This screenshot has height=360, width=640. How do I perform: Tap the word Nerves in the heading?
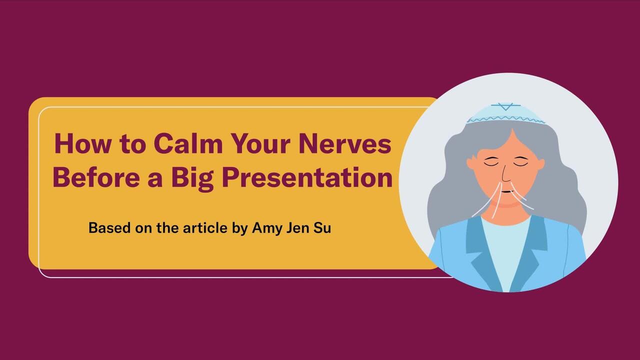point(344,143)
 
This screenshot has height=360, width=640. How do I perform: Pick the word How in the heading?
point(83,143)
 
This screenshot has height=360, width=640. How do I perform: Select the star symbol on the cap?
point(505,106)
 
